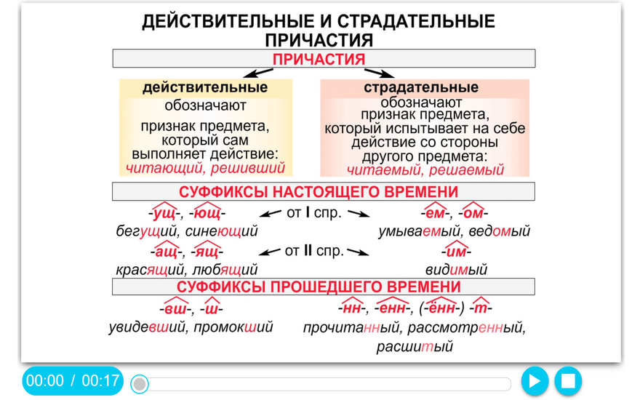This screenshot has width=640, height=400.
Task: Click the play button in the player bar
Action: click(535, 381)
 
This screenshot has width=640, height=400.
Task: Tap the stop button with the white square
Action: click(568, 381)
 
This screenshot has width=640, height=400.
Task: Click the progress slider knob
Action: click(140, 384)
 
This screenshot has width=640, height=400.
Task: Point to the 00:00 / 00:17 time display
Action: click(73, 381)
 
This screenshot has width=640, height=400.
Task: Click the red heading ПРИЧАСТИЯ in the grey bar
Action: click(319, 59)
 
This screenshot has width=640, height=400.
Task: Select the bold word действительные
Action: click(205, 87)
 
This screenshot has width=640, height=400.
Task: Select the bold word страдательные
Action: click(421, 87)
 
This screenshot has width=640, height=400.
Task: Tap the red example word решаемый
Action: click(466, 169)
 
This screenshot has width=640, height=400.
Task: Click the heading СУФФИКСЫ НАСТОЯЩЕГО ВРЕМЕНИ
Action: click(319, 192)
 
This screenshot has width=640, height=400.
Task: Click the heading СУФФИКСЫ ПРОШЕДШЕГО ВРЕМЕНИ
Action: click(319, 287)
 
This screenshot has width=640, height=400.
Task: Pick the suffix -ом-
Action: click(473, 212)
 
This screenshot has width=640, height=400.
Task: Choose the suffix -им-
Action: click(456, 251)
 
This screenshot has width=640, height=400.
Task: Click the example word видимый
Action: click(456, 269)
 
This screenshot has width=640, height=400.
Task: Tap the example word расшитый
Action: click(415, 346)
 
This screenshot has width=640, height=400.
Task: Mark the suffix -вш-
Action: click(175, 308)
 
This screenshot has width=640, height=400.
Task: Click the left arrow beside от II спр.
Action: click(270, 252)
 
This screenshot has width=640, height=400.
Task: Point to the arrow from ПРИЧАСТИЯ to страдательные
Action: click(380, 73)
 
